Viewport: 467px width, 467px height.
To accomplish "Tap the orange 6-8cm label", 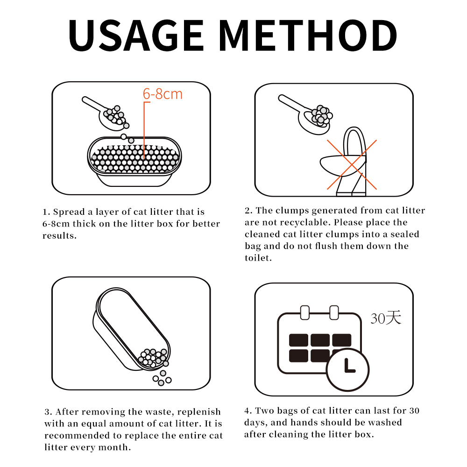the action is [163, 94].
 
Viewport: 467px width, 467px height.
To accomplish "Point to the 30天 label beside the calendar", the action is [386, 318].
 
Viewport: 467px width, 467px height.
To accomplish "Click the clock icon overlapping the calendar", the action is [348, 369].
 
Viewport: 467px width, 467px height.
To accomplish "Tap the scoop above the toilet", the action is [305, 115].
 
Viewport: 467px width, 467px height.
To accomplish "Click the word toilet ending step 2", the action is [257, 258].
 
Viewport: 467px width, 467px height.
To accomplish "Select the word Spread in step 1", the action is [69, 212].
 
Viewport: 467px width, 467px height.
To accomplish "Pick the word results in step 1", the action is [59, 236].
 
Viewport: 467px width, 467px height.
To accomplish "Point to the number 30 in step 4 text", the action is [414, 410].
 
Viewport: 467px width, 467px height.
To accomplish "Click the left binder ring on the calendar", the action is [304, 313].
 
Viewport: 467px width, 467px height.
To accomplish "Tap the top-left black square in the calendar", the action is [299, 340].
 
